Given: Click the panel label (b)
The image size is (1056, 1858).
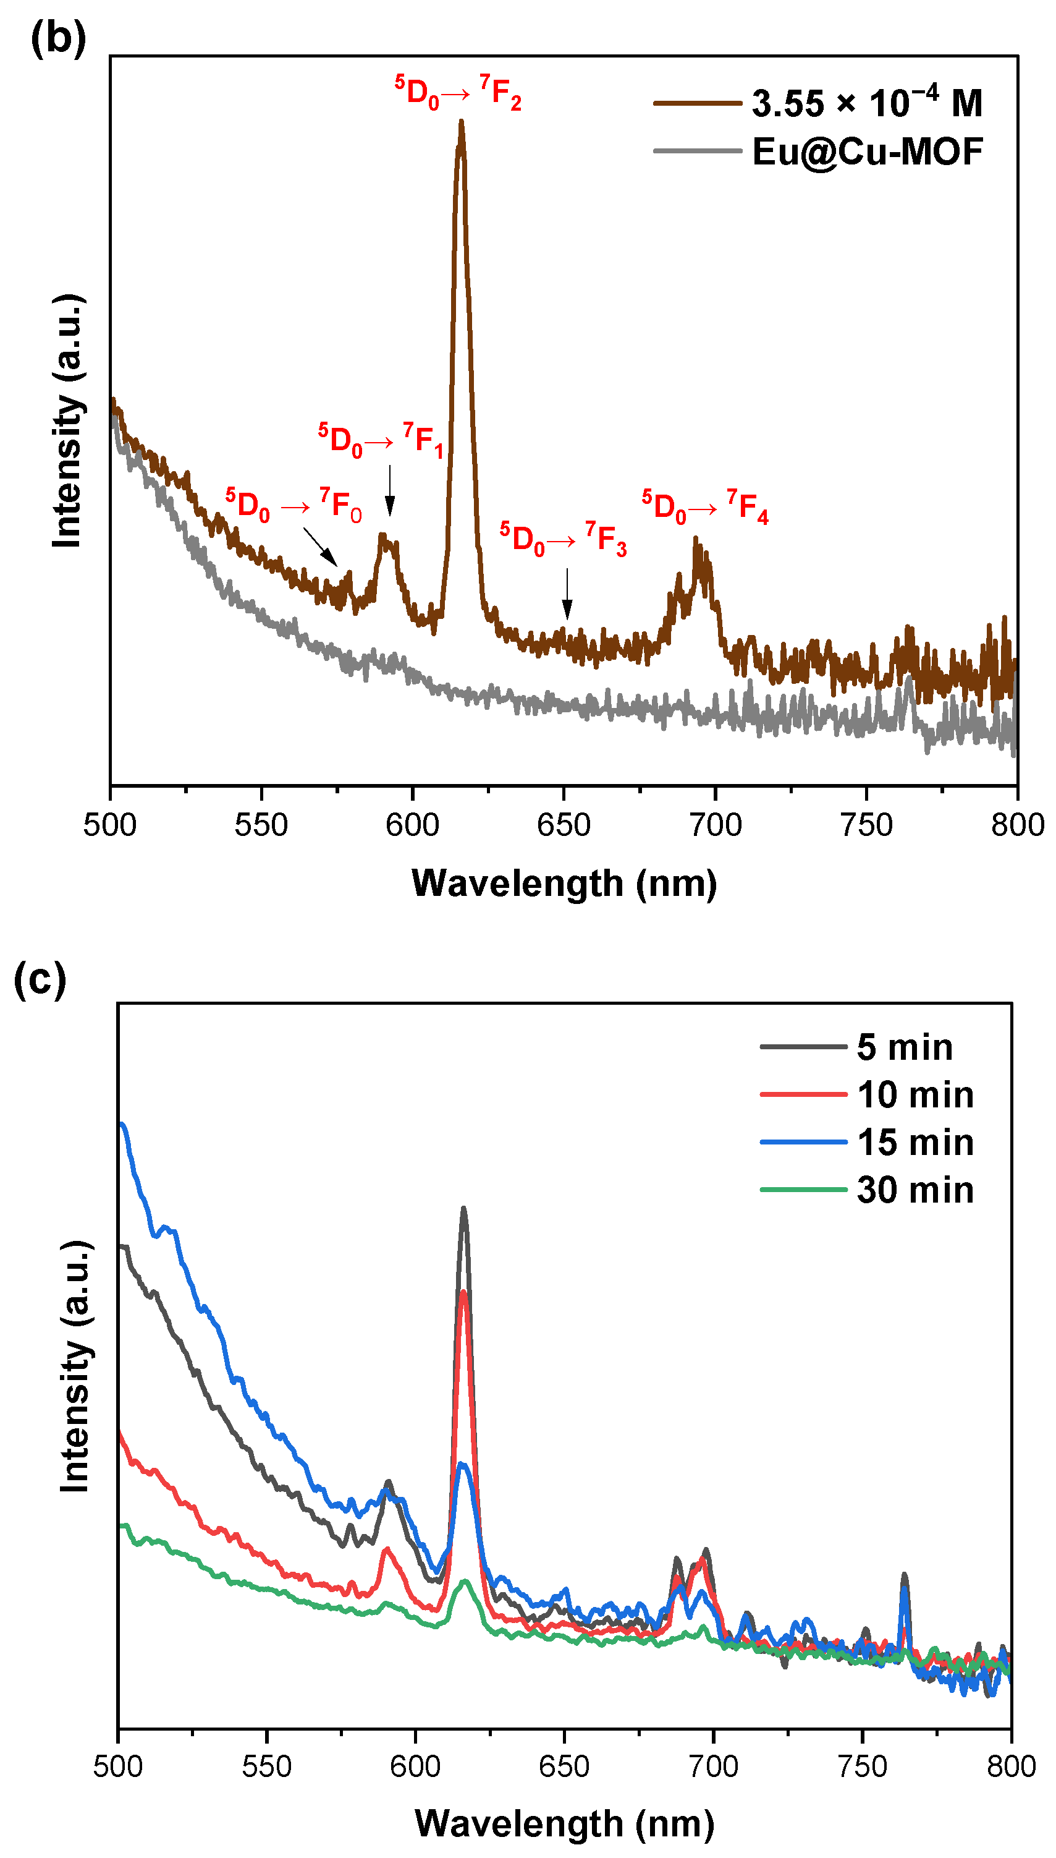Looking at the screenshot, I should pos(58,38).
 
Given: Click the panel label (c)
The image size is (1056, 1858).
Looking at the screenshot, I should pos(40,979).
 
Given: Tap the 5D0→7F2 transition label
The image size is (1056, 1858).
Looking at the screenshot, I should pos(458,92).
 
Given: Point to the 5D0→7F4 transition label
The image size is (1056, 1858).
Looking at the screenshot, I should pos(705,506).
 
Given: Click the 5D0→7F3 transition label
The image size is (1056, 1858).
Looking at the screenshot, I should pos(563,539).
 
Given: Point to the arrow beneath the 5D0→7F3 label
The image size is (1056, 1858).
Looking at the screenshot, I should pos(567,594).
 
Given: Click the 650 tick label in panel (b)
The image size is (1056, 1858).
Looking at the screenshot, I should pos(564,825).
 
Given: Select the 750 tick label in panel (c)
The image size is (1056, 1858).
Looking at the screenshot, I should pos(863,1766).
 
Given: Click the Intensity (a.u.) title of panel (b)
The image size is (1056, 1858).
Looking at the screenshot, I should pos(67,421).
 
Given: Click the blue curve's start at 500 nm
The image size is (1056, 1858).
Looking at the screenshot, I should pos(122,1125).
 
